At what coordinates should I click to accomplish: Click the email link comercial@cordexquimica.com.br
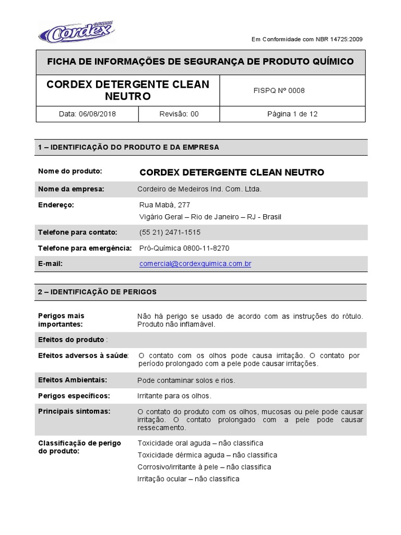click(195, 264)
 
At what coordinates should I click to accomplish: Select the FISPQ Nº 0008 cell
click(278, 90)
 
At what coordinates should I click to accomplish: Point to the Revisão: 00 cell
click(179, 114)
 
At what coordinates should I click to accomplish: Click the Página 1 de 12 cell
click(292, 114)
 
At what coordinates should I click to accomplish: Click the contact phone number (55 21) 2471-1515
click(170, 232)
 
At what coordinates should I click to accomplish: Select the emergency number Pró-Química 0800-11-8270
click(184, 248)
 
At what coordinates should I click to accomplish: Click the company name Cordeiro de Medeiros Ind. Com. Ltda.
click(199, 189)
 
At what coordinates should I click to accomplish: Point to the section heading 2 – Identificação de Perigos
click(97, 292)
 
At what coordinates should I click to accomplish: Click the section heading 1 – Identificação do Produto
click(128, 147)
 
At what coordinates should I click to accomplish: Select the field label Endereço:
click(56, 205)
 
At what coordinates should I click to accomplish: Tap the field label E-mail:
click(51, 264)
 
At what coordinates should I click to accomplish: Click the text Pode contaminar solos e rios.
click(186, 380)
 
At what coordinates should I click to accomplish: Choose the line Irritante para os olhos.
click(174, 396)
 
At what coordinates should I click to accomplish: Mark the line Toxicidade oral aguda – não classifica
click(200, 443)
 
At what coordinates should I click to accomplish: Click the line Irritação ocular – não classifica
click(188, 479)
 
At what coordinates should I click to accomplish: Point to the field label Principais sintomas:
click(74, 411)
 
